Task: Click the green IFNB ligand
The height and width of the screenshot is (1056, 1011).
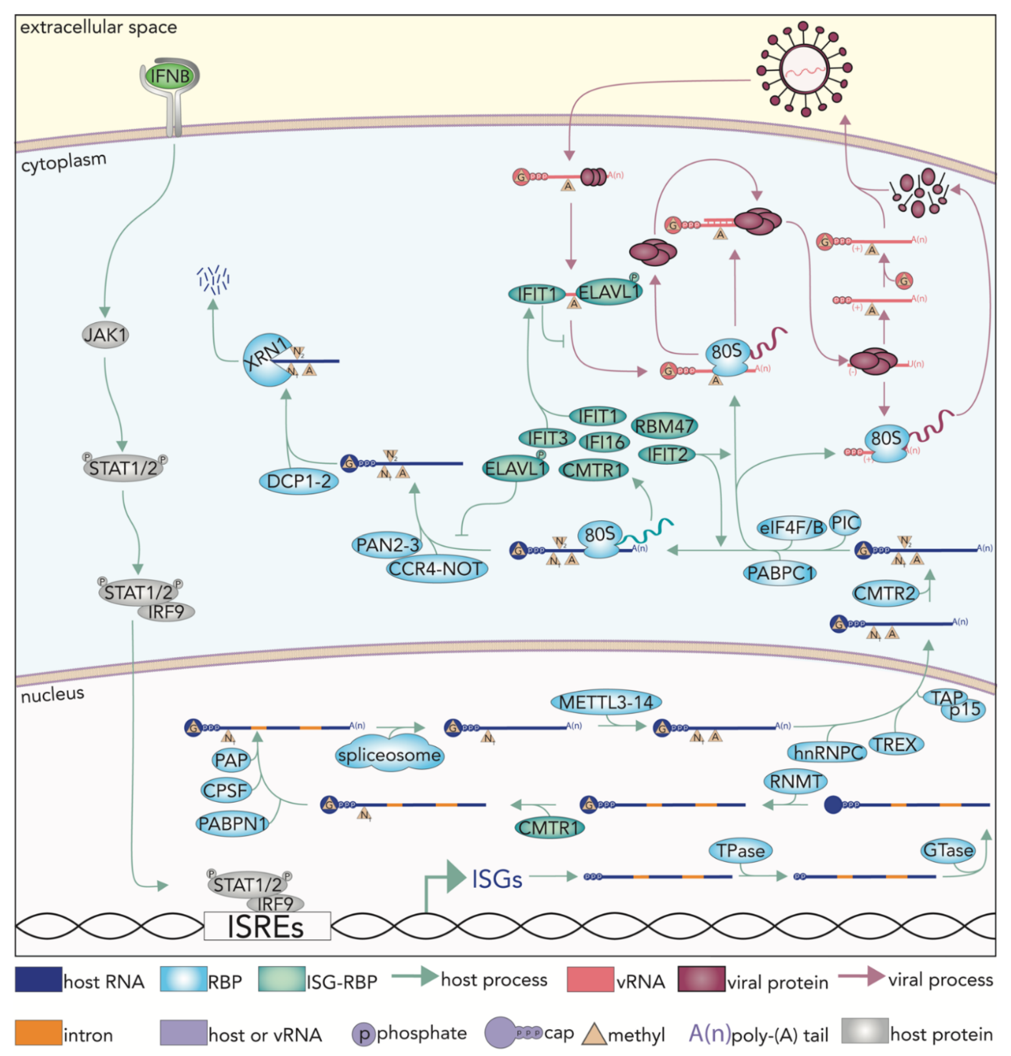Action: pyautogui.click(x=169, y=76)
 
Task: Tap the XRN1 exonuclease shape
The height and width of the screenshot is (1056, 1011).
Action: pyautogui.click(x=264, y=360)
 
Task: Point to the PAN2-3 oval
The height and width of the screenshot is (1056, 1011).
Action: pyautogui.click(x=387, y=545)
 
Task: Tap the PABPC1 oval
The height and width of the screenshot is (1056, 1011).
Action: pyautogui.click(x=780, y=573)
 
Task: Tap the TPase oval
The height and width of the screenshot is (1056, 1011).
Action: pyautogui.click(x=740, y=851)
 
